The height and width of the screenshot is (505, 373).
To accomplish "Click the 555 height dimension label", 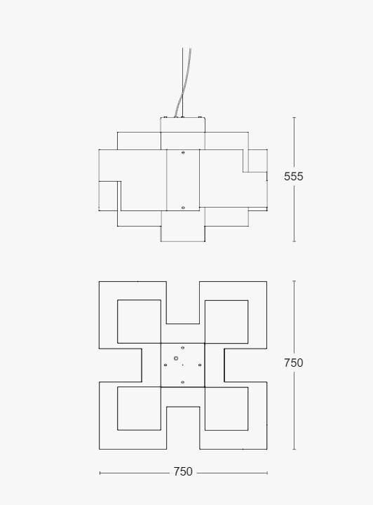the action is pyautogui.click(x=294, y=177).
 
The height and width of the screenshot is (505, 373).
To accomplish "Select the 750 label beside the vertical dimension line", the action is pyautogui.click(x=294, y=363).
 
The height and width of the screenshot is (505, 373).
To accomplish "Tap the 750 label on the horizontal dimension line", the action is pyautogui.click(x=183, y=472).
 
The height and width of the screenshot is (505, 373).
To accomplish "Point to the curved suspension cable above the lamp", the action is pyautogui.click(x=183, y=83).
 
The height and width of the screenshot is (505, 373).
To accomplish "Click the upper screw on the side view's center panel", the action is pyautogui.click(x=183, y=152).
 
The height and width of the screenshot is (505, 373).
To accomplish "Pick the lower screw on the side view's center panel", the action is pyautogui.click(x=183, y=208).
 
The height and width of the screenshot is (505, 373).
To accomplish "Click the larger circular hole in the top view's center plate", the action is pyautogui.click(x=176, y=358).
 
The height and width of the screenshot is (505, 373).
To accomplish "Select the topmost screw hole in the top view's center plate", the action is pyautogui.click(x=182, y=348).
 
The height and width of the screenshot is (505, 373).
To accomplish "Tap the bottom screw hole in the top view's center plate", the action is pyautogui.click(x=182, y=382).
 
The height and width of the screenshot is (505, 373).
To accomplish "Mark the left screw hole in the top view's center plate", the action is pyautogui.click(x=165, y=365).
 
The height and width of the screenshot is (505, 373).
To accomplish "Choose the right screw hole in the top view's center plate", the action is pyautogui.click(x=200, y=365).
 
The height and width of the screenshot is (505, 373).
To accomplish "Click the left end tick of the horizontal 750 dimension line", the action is pyautogui.click(x=100, y=473).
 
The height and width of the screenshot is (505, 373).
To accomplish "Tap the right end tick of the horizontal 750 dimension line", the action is pyautogui.click(x=267, y=473).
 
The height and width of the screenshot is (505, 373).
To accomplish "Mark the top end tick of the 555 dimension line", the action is pyautogui.click(x=294, y=118).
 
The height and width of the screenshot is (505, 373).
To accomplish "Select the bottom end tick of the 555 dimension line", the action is pyautogui.click(x=294, y=241).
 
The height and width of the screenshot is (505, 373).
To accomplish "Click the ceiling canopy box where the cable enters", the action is pyautogui.click(x=183, y=125).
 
